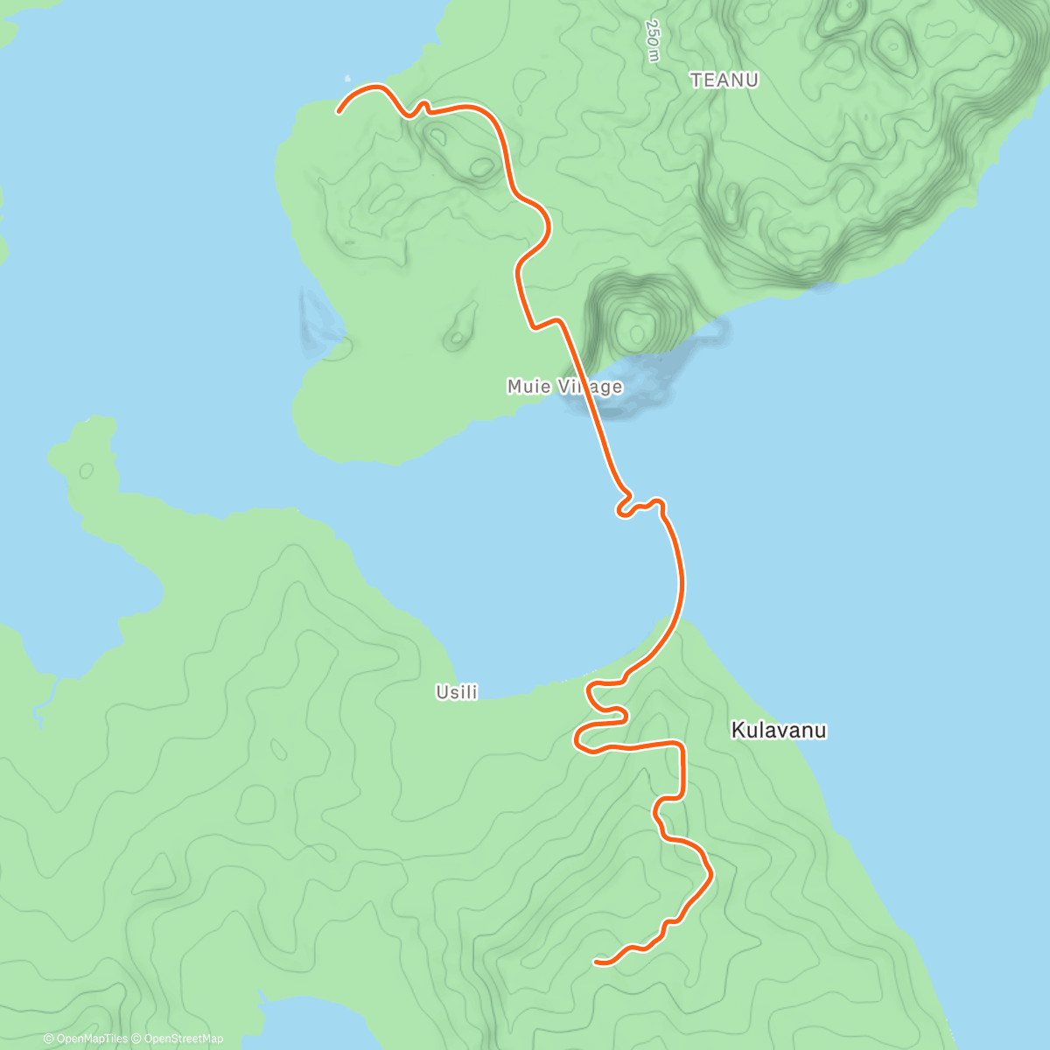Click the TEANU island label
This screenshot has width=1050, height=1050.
(x=724, y=80)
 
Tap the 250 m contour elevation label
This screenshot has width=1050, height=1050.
(x=653, y=40)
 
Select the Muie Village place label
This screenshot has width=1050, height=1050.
(x=564, y=386)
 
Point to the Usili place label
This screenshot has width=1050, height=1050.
(x=457, y=692)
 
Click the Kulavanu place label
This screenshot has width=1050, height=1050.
(x=778, y=730)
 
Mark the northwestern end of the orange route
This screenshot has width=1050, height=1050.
(x=339, y=111)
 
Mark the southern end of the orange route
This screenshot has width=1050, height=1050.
(x=596, y=962)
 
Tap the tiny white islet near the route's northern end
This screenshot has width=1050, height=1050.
(x=347, y=78)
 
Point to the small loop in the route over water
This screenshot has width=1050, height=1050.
(x=625, y=507)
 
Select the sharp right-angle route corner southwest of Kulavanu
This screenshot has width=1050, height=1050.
(x=681, y=745)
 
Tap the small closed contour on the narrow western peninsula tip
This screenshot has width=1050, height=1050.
(x=86, y=471)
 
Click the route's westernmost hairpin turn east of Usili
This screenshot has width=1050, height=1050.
(x=577, y=742)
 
